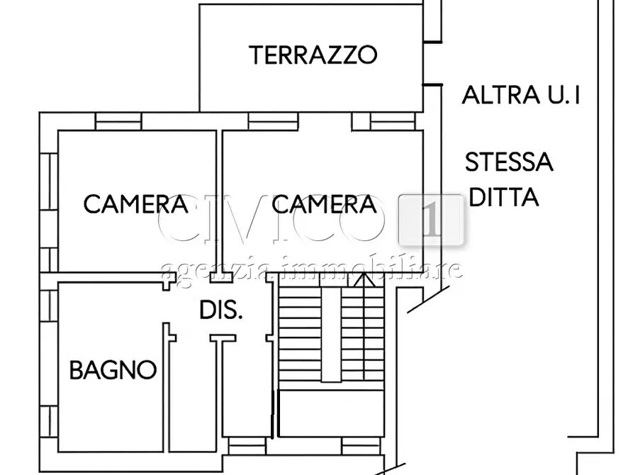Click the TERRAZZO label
(313, 55)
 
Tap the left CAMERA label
(135, 204)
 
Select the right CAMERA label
(324, 204)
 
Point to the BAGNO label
(113, 369)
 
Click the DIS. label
(220, 310)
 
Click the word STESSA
(508, 162)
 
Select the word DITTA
(504, 196)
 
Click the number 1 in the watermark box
(431, 220)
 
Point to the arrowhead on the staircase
(364, 282)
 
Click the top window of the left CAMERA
(118, 122)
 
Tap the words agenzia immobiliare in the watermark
(312, 269)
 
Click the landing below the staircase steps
(330, 413)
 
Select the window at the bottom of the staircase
(362, 445)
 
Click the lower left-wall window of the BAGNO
(48, 420)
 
